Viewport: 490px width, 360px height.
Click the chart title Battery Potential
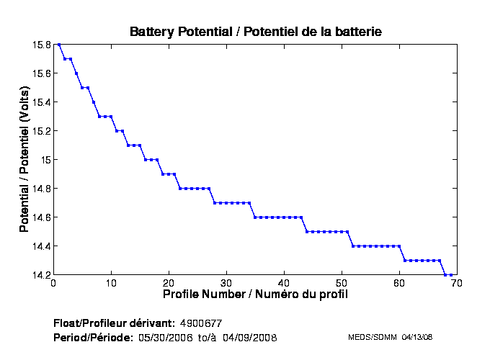(255, 32)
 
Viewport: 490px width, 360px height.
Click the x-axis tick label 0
(53, 284)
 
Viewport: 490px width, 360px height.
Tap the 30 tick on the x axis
(226, 284)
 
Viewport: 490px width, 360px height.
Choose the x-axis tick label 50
(342, 284)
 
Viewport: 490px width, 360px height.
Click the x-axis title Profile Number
(255, 294)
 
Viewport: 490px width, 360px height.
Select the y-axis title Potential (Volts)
(24, 160)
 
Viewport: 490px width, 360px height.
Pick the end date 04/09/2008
(249, 337)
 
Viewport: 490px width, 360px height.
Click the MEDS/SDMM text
(370, 337)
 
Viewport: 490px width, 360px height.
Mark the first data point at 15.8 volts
(59, 45)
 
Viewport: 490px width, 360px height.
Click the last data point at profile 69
(451, 275)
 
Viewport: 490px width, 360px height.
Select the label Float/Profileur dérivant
(113, 322)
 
